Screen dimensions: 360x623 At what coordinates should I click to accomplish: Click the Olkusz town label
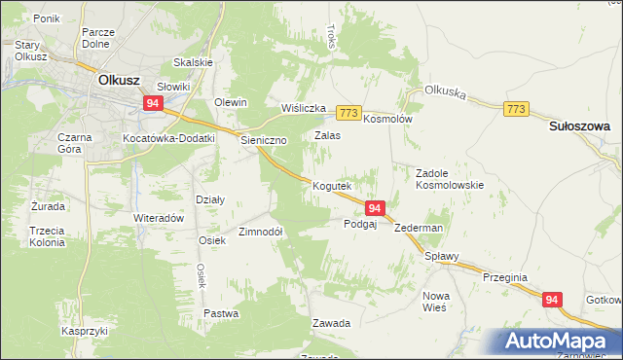tap(116, 83)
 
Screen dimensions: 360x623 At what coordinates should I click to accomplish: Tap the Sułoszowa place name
tap(579, 126)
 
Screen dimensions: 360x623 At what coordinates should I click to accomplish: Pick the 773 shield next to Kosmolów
tap(350, 113)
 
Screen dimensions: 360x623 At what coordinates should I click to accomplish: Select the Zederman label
tap(421, 228)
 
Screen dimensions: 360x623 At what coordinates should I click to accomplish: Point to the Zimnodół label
tap(261, 233)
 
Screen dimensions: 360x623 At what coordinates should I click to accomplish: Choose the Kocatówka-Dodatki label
tap(168, 139)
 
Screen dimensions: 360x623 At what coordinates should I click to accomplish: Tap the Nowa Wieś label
tap(435, 301)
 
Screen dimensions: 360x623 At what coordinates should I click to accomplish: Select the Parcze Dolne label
tap(99, 38)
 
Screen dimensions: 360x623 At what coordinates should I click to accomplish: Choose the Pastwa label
tap(221, 313)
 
